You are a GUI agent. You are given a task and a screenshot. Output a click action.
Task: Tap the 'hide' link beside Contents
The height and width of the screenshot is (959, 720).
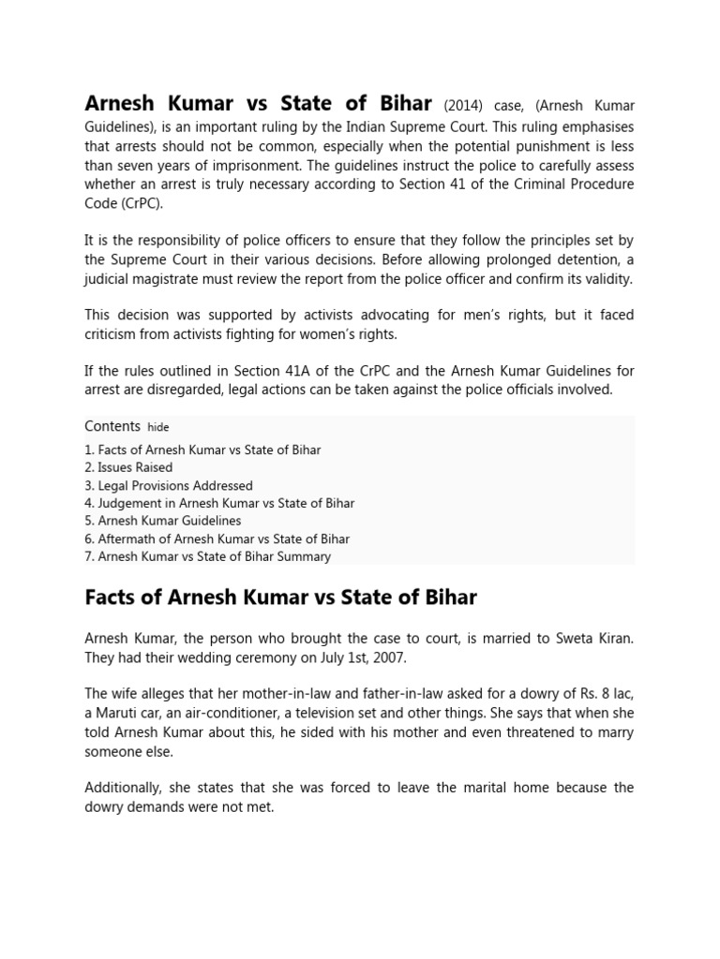(158, 427)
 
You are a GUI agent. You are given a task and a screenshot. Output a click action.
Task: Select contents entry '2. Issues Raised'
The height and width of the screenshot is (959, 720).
(128, 467)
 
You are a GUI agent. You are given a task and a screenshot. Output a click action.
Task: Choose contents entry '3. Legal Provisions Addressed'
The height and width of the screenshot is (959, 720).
(168, 485)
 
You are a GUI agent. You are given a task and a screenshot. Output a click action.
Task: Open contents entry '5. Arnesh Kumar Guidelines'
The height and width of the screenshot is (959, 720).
(162, 521)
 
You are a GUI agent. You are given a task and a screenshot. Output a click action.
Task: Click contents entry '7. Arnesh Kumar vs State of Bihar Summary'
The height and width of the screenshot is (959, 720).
(207, 556)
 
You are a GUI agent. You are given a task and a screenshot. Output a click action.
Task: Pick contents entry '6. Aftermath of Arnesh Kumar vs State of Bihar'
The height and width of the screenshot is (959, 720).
(217, 539)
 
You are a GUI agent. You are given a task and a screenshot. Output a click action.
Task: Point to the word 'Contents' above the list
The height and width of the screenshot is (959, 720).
(112, 426)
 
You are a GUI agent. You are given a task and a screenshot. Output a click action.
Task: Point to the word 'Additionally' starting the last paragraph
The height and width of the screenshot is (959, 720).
(122, 787)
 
